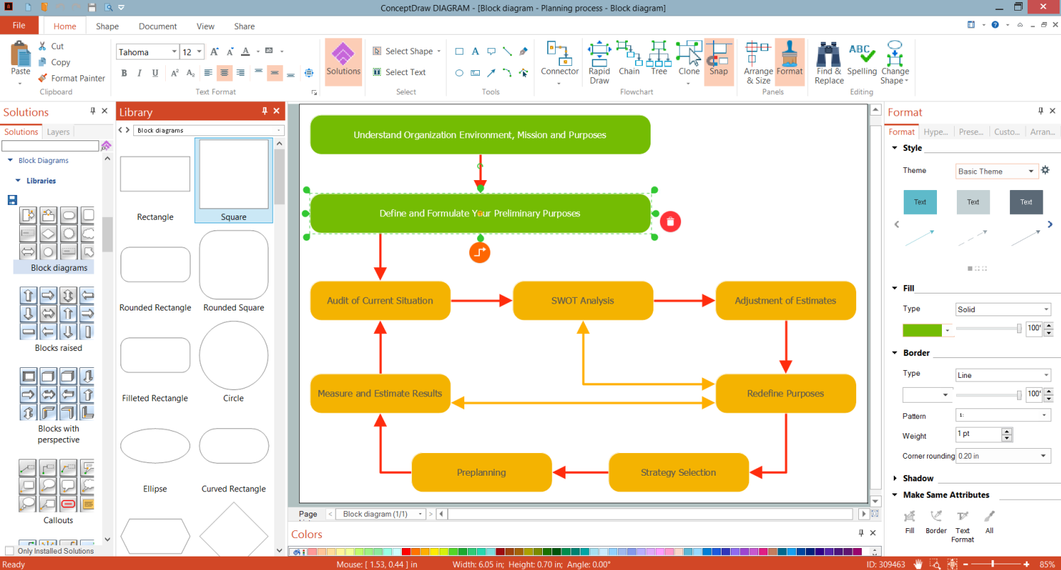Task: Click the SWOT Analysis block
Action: pos(583,301)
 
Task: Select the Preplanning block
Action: pos(481,472)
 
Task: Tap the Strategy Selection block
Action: pos(678,472)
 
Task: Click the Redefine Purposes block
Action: pos(785,393)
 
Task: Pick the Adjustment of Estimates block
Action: pos(785,301)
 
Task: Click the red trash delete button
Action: pos(670,221)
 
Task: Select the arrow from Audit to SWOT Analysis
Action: pos(481,301)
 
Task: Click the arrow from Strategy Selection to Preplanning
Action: pos(580,472)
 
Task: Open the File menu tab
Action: pos(19,26)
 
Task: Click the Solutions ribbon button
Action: pos(344,61)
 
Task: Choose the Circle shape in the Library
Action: pos(233,356)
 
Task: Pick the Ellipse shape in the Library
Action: pos(155,447)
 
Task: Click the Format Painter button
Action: pos(71,78)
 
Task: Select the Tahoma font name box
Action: pos(146,52)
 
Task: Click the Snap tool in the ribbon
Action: pos(719,61)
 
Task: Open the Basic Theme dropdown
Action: pos(996,171)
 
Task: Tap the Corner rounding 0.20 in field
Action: pos(1003,456)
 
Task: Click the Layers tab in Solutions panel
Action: pos(58,132)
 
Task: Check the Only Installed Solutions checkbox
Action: pos(9,551)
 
